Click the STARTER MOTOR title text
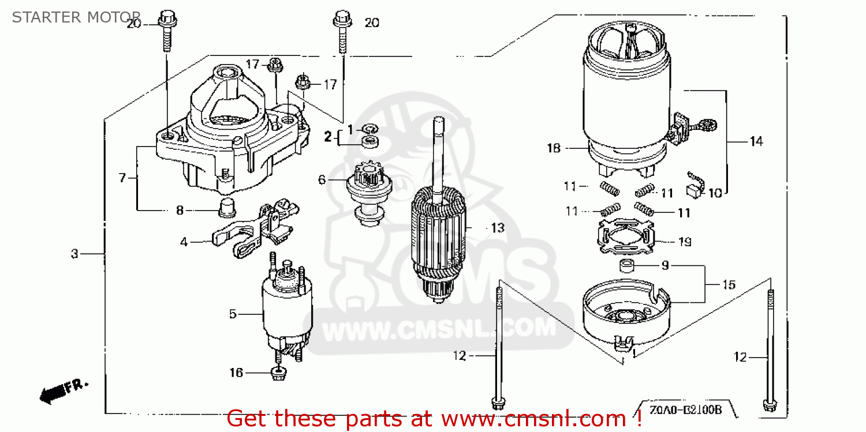point(76,17)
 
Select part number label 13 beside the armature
point(497,228)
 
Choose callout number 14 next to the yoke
point(756,141)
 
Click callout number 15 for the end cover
point(729,284)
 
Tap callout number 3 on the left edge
point(74,254)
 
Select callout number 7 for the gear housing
point(122,178)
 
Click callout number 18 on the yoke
point(553,148)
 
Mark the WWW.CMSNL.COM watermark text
point(439,330)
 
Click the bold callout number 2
point(328,137)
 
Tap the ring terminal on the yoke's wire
point(707,123)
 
